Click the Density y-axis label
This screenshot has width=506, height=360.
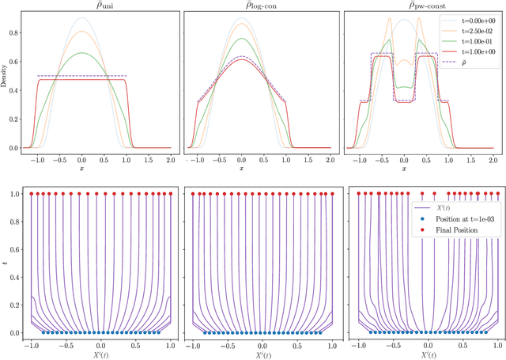click(x=6, y=81)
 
